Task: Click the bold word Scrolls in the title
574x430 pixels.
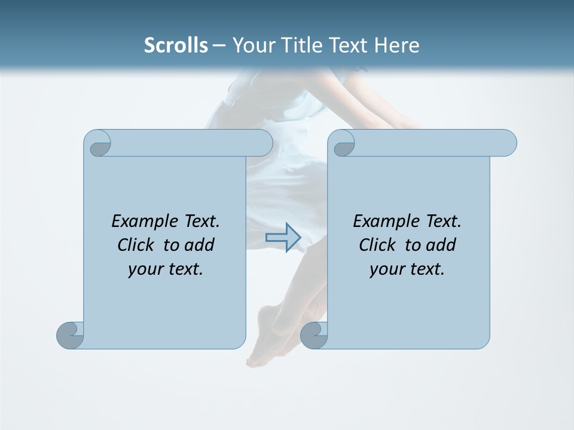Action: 176,45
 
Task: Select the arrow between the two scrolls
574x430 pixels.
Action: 283,238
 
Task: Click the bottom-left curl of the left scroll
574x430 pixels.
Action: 71,335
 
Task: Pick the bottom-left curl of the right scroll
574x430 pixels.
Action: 314,335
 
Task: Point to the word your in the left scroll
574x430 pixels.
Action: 143,270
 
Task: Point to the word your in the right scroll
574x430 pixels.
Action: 385,270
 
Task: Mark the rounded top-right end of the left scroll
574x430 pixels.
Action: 263,143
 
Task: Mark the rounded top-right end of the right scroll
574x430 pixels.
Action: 507,143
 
